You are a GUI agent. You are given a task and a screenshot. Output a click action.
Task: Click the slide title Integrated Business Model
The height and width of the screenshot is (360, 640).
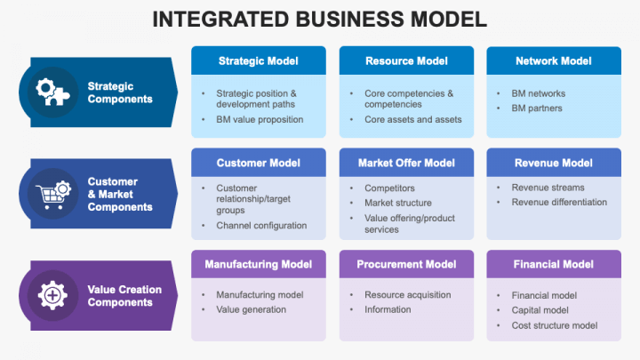point(320,20)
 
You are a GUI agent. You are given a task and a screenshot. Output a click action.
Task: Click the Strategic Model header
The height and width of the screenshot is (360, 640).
point(258,61)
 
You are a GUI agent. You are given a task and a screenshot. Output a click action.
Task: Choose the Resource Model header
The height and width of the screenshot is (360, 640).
point(405,61)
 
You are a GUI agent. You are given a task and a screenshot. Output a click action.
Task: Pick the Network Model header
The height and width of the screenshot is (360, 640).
point(553,61)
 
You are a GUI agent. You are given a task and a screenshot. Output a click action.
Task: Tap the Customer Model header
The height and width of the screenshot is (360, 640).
point(258,164)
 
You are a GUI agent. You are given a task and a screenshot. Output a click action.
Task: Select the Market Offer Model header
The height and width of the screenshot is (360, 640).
point(405,164)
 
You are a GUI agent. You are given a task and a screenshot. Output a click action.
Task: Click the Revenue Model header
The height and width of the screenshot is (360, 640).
point(553,164)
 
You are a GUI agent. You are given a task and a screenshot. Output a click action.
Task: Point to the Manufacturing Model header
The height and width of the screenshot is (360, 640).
point(258,265)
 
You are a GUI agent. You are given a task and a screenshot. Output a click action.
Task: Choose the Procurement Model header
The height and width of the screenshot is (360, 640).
point(405,265)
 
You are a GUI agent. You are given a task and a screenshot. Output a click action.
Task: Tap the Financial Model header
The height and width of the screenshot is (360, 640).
point(553,265)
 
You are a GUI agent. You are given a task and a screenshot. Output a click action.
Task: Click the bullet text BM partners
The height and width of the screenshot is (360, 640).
point(537,108)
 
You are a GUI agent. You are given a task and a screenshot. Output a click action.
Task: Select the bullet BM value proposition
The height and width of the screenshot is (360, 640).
point(260,119)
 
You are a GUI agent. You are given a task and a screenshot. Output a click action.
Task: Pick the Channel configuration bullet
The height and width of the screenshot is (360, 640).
point(261,226)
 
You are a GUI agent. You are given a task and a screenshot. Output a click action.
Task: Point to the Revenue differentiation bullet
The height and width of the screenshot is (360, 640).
point(559,202)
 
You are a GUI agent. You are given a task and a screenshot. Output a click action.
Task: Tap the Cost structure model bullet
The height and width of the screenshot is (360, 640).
point(555,325)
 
